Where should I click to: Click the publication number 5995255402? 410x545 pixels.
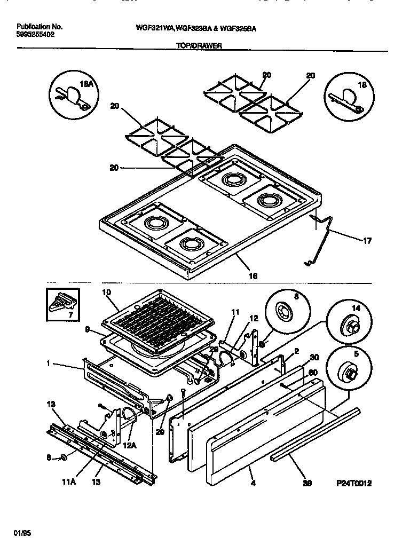tap(35, 34)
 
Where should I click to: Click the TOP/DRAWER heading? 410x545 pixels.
tap(199, 46)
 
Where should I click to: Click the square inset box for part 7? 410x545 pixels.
tap(63, 305)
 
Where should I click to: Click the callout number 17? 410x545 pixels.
tap(367, 241)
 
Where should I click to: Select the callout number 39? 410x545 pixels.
tap(307, 484)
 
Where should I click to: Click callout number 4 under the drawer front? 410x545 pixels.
tap(253, 484)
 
